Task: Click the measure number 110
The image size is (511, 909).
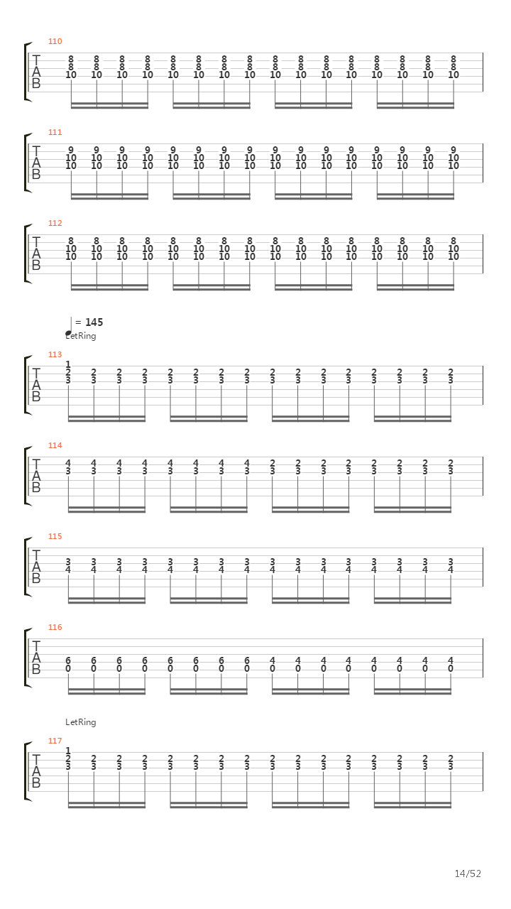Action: (55, 41)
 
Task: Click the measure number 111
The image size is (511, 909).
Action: (55, 132)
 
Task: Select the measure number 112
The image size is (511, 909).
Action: (55, 223)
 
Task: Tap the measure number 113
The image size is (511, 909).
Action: (55, 354)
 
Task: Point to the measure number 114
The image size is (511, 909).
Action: (55, 445)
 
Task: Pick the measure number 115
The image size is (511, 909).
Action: (55, 536)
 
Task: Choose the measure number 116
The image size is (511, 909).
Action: (55, 627)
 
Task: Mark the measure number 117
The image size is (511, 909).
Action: (55, 741)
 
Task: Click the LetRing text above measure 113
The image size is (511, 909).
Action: (80, 336)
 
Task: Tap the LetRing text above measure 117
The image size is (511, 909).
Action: (80, 722)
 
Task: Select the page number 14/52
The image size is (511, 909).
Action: (468, 873)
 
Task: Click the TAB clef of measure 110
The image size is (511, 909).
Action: (36, 72)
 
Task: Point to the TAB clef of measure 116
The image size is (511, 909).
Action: (36, 658)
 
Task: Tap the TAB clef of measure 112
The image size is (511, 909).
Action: (36, 254)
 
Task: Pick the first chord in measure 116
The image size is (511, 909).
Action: (68, 663)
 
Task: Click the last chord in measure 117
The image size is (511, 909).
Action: (451, 762)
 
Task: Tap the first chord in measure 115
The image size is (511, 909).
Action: (68, 565)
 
